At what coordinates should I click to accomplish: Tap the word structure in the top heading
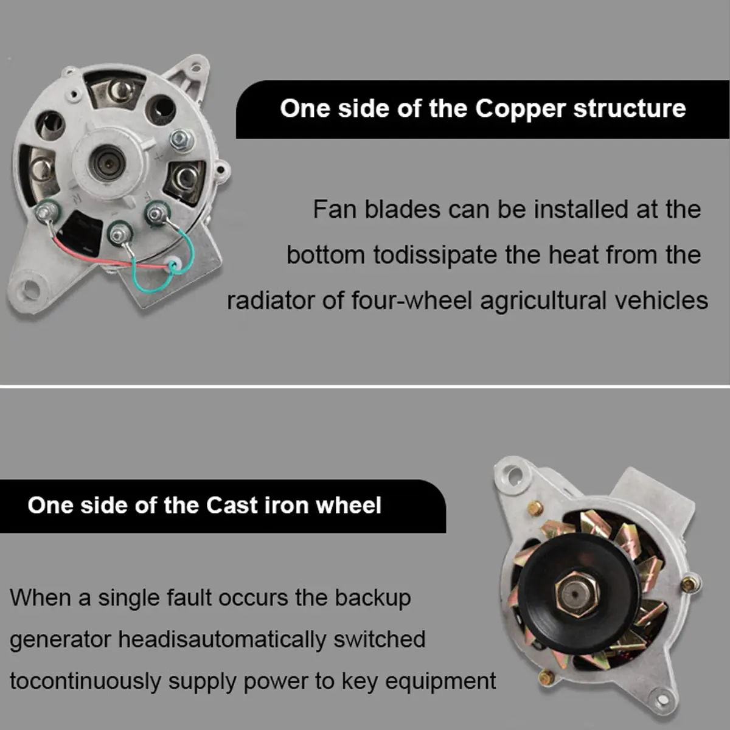point(630,109)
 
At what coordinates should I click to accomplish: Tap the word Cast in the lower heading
point(231,505)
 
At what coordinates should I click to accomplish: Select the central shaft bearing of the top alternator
point(108,163)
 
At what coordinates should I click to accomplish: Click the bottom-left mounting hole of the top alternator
point(30,289)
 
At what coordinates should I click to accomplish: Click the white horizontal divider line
point(365,386)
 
